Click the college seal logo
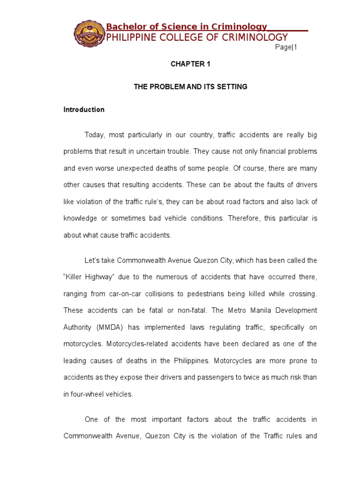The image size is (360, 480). [89, 33]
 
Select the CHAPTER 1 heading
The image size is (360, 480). [190, 64]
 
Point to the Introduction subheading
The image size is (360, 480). [84, 110]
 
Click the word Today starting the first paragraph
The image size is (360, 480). [94, 135]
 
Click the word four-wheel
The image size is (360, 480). [85, 394]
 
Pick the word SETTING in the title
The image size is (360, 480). [232, 87]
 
